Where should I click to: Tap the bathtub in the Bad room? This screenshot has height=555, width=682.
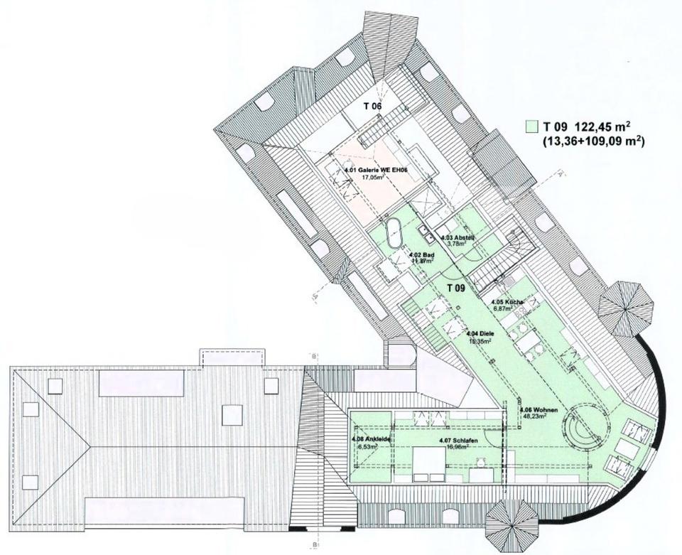pyautogui.click(x=393, y=233)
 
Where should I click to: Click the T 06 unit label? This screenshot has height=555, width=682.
pyautogui.click(x=373, y=106)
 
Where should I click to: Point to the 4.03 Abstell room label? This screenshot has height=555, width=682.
pyautogui.click(x=457, y=237)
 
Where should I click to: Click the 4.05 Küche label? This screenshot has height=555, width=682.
pyautogui.click(x=508, y=303)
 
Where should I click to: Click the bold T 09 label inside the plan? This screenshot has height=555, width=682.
pyautogui.click(x=455, y=288)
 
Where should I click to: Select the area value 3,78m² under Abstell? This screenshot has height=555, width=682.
pyautogui.click(x=456, y=244)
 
